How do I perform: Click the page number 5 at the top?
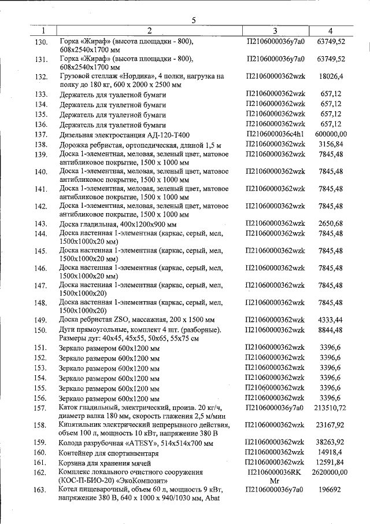tap(194, 21)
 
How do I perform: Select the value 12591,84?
tap(331, 462)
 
